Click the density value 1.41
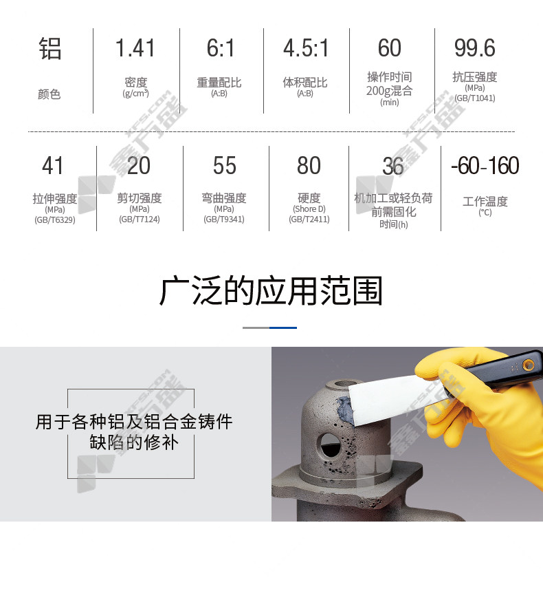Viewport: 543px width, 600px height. click(135, 48)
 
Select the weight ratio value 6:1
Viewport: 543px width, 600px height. click(221, 48)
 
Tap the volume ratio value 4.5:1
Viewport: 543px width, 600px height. click(306, 48)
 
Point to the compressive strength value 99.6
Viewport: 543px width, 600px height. click(474, 48)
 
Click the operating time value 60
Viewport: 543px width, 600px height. click(390, 48)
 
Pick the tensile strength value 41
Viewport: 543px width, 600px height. click(53, 166)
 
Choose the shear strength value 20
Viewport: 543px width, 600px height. click(139, 166)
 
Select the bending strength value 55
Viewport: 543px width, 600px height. click(225, 166)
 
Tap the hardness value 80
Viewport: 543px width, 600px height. click(309, 166)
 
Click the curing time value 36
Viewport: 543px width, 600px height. click(393, 166)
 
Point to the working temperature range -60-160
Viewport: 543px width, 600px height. click(485, 166)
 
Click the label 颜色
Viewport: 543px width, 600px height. click(49, 94)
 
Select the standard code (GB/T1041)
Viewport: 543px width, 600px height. click(474, 98)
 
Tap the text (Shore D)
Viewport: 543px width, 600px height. click(309, 209)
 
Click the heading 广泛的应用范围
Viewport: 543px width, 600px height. click(271, 291)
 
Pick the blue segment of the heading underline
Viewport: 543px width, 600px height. click(283, 328)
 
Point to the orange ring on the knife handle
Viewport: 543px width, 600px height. click(529, 365)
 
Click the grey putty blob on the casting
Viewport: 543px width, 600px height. click(344, 409)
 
